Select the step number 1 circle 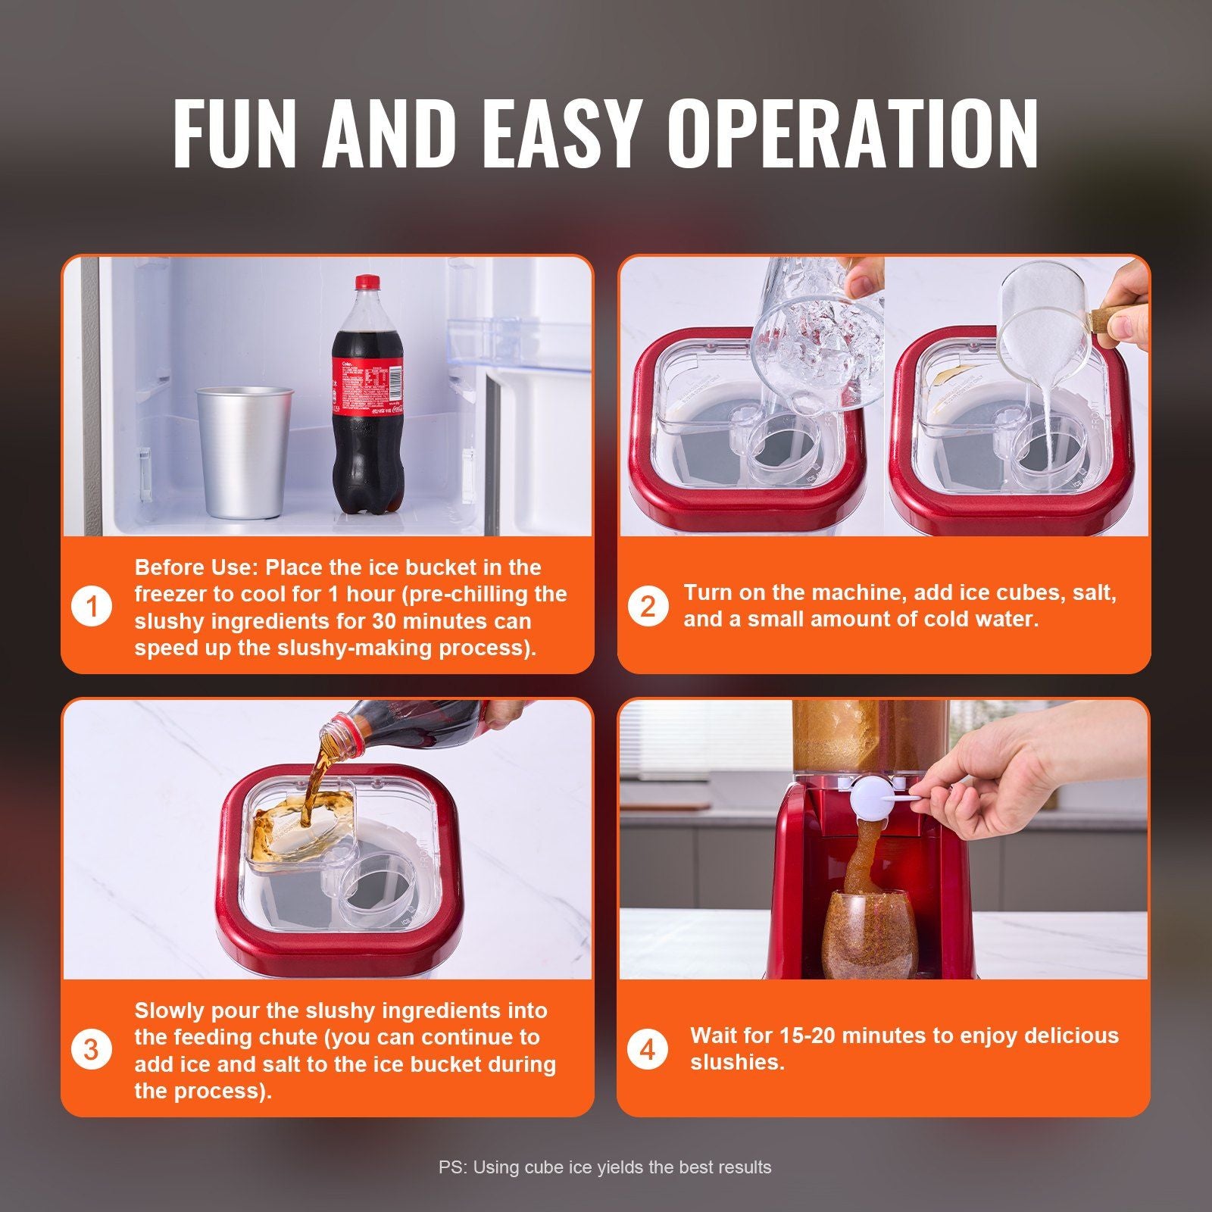92,607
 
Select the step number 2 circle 648,607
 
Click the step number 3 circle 92,1050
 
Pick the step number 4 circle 648,1050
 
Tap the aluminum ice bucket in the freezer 244,453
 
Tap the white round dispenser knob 871,801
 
